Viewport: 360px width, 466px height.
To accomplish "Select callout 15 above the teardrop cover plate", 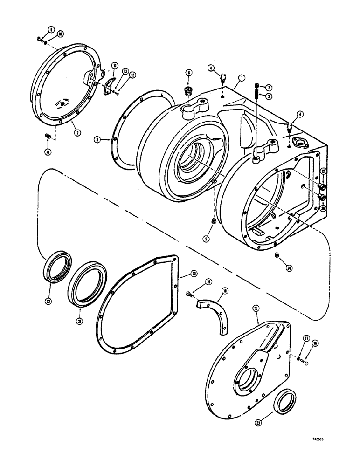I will tap(256, 308).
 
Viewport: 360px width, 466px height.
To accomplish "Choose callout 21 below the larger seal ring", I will tap(80, 321).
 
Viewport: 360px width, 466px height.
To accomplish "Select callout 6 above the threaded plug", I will tap(188, 73).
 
